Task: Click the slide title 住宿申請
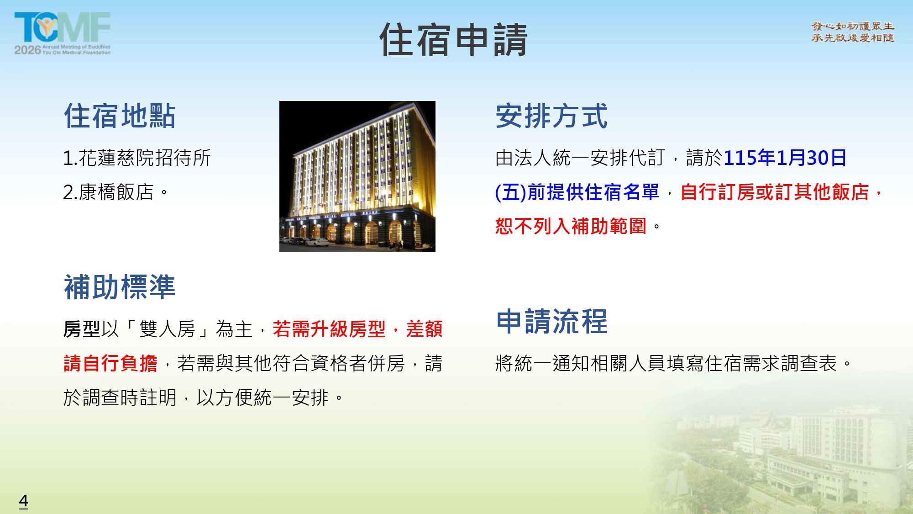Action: tap(453, 40)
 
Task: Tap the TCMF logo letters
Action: tap(62, 27)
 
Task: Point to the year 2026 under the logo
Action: tap(27, 50)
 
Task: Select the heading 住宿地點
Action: tap(120, 116)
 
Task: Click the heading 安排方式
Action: tap(551, 116)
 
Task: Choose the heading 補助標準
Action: tap(120, 287)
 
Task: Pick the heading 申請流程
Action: tap(552, 321)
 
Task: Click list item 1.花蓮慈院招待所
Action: tap(137, 158)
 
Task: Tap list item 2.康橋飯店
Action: tap(115, 192)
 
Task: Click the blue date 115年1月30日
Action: tap(785, 158)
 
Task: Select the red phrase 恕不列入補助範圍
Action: tap(571, 226)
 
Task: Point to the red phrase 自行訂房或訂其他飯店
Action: tap(775, 192)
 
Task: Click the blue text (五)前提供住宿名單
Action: tap(577, 192)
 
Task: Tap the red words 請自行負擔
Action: tap(110, 363)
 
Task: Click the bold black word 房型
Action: tap(82, 329)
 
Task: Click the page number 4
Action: tap(24, 501)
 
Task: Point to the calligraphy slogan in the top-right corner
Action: tap(853, 32)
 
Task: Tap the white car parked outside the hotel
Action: tap(316, 242)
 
